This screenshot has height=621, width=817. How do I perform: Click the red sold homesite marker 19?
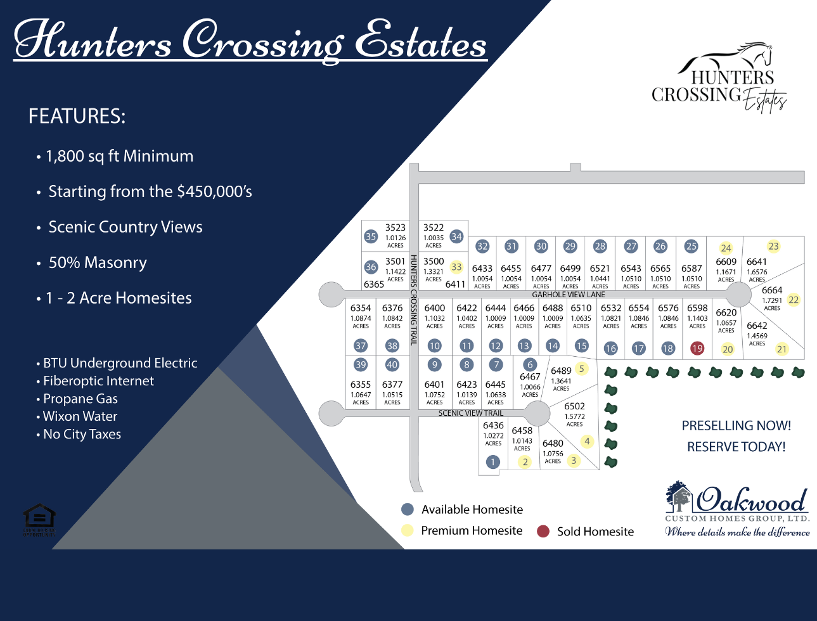(x=697, y=348)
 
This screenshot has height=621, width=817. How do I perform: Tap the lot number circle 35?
(x=371, y=236)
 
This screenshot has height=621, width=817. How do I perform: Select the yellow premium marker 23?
(x=773, y=246)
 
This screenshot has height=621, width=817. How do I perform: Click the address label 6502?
(x=574, y=406)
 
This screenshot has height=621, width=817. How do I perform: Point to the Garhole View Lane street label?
(x=569, y=295)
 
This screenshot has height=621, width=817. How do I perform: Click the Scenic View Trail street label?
(x=471, y=413)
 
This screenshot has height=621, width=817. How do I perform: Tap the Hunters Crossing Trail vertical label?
(x=413, y=300)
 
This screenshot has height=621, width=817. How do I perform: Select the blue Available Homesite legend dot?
(x=408, y=509)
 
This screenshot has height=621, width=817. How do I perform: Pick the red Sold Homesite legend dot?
(x=543, y=531)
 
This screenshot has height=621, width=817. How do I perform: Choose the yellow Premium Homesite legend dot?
(x=408, y=530)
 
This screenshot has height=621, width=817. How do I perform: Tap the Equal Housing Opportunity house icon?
(x=39, y=517)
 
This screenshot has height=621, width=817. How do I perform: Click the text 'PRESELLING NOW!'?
(x=736, y=426)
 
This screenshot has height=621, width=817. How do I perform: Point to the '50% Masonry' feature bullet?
(x=98, y=262)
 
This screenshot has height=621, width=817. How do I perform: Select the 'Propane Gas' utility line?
(x=80, y=399)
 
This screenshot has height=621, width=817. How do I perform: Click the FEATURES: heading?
(x=77, y=117)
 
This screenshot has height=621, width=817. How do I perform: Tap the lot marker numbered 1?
(x=493, y=462)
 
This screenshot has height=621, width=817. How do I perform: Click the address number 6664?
(x=772, y=290)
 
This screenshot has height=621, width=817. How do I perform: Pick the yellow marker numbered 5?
(x=581, y=368)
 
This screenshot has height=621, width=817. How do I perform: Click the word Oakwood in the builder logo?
(x=752, y=501)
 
